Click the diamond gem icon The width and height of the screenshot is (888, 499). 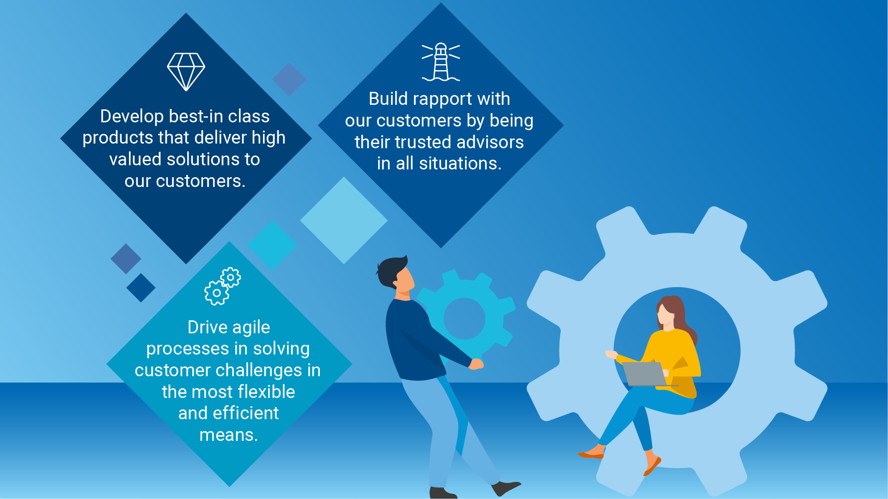click(x=186, y=72)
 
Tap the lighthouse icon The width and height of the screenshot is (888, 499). click(x=441, y=62)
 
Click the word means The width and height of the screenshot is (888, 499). click(x=228, y=435)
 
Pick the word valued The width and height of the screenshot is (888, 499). click(x=135, y=160)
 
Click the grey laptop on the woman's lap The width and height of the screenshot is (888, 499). click(x=644, y=373)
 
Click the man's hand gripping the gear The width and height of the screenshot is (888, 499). click(x=476, y=364)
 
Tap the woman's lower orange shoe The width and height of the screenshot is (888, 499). click(x=652, y=466)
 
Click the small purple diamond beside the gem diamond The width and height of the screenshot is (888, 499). click(x=289, y=79)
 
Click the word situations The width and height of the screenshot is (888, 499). click(x=459, y=164)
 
